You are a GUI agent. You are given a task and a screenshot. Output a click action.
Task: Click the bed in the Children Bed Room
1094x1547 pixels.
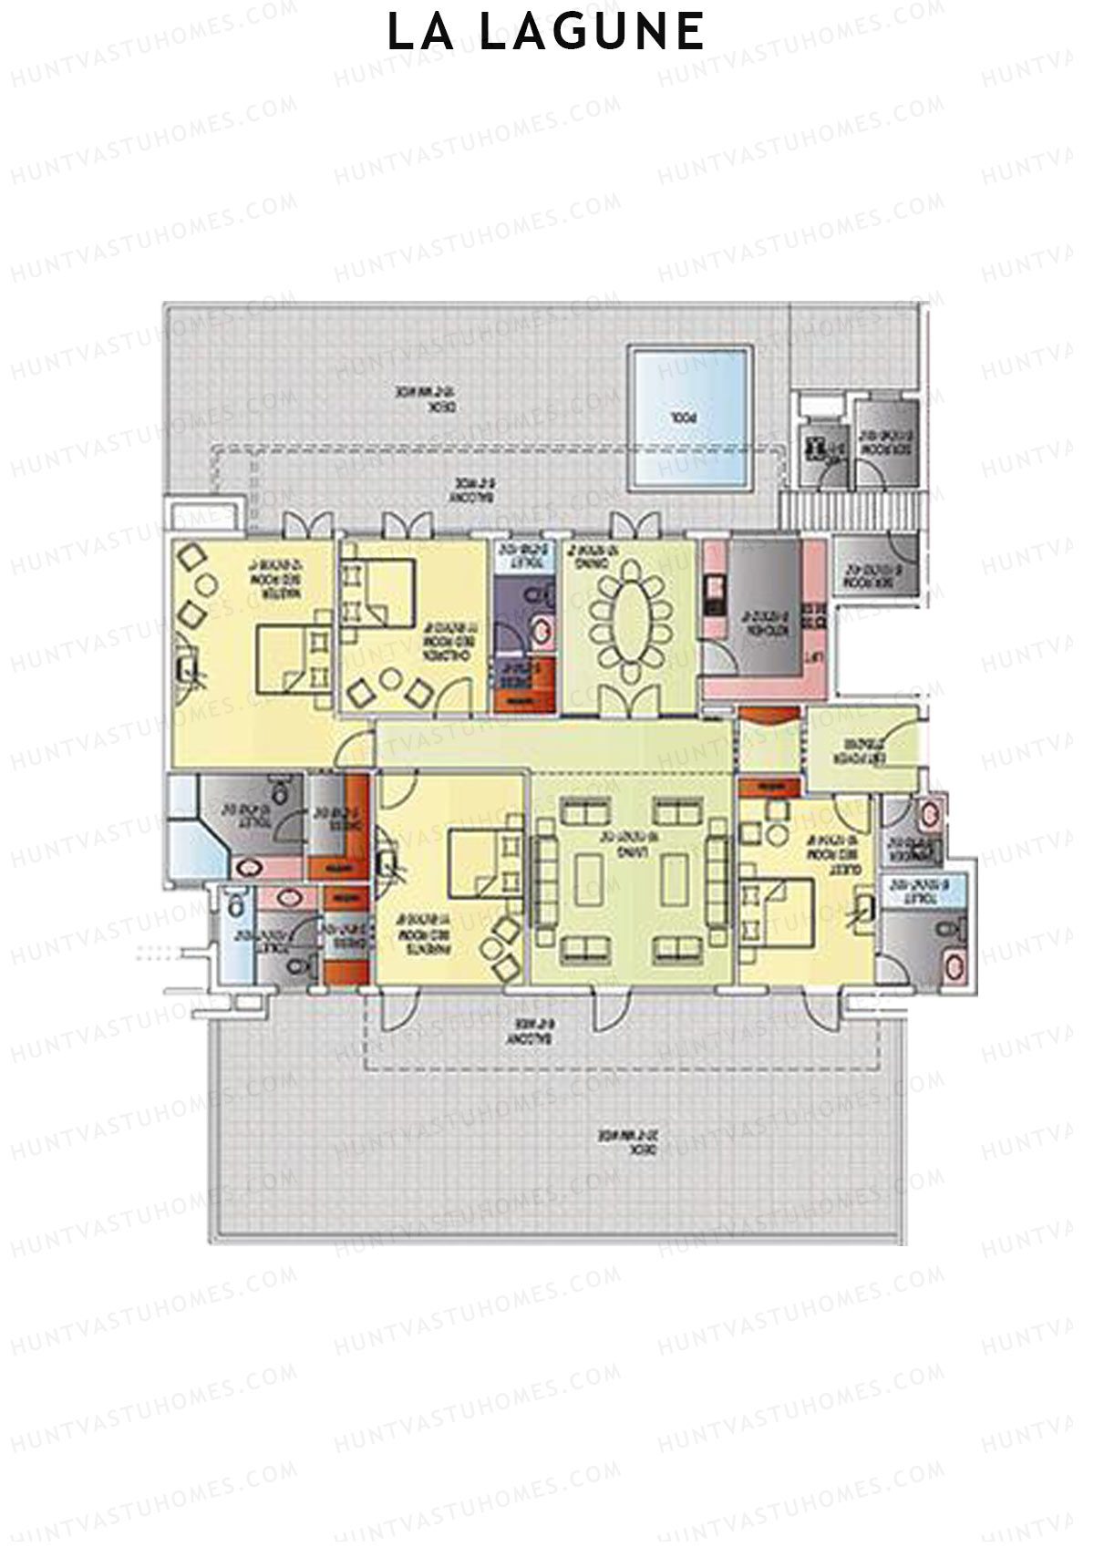(x=377, y=593)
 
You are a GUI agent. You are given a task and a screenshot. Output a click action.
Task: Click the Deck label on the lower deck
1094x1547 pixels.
(x=629, y=1140)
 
